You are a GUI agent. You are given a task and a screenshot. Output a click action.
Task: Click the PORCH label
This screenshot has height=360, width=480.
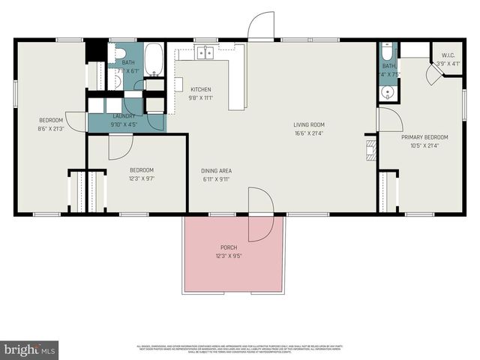[228, 247]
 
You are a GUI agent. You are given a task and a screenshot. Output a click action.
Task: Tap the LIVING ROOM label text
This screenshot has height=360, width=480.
[308, 124]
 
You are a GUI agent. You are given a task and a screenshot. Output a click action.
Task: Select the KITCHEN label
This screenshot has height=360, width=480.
[200, 89]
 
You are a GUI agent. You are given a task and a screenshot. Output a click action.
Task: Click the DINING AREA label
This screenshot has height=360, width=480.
[216, 171]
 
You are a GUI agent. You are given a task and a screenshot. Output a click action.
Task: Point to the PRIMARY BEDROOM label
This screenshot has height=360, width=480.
[424, 137]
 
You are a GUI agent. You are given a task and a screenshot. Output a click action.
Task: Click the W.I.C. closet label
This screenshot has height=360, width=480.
[448, 55]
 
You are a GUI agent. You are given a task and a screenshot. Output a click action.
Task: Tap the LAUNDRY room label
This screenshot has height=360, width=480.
[124, 116]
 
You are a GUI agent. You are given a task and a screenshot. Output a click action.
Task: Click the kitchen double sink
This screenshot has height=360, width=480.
[205, 52]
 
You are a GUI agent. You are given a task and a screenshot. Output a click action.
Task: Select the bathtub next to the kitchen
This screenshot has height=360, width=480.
[154, 60]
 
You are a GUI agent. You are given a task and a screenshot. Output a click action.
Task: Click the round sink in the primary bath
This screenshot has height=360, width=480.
[388, 92]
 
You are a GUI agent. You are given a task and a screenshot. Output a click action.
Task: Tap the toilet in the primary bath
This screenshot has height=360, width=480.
[386, 52]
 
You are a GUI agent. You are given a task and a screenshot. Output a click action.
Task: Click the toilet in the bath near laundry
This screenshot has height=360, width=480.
[118, 54]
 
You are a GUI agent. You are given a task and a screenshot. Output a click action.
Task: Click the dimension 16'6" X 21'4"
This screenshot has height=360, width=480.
[308, 133]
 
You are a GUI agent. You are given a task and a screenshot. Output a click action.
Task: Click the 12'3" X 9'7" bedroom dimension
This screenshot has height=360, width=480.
[141, 179]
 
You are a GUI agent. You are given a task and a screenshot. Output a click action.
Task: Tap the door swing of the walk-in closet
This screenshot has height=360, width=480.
[433, 74]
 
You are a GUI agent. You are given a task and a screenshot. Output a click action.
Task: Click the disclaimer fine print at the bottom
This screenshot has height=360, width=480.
[240, 348]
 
